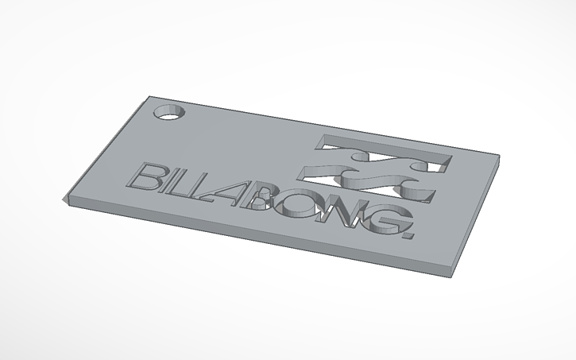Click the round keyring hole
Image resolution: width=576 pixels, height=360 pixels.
(x=168, y=112)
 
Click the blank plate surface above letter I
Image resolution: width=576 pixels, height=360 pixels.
(x=183, y=147)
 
